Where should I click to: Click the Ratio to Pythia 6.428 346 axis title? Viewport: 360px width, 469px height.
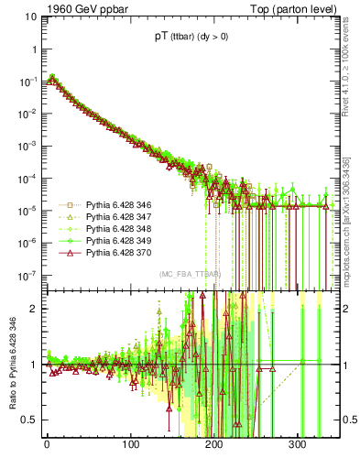point(13,366)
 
